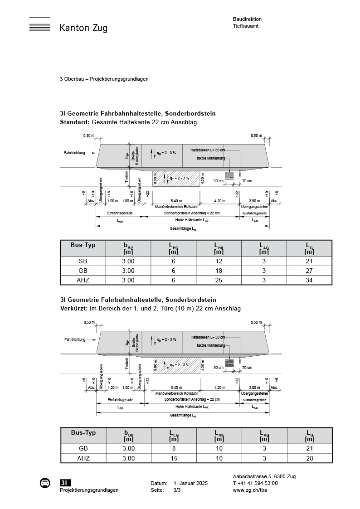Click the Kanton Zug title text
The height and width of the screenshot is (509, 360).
pos(83,28)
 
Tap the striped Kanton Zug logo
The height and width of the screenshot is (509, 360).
pos(39,25)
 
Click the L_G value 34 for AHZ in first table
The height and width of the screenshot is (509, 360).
pos(309,280)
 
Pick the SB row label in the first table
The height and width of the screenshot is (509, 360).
pos(83,261)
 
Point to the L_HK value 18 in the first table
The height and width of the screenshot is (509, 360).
pos(219,271)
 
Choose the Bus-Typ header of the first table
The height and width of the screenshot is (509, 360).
pos(83,245)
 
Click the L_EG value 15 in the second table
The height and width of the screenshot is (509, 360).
pos(174,458)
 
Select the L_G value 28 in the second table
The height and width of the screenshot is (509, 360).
pos(310,458)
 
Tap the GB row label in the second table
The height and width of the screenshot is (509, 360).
pos(83,448)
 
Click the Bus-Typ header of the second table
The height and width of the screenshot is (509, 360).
pos(83,432)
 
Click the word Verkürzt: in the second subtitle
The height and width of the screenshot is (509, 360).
pos(74,308)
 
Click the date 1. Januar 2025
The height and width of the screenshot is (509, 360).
pos(190,484)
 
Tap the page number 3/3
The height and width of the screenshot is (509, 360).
pos(177,490)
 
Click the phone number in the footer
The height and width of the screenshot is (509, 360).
pos(255,483)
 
